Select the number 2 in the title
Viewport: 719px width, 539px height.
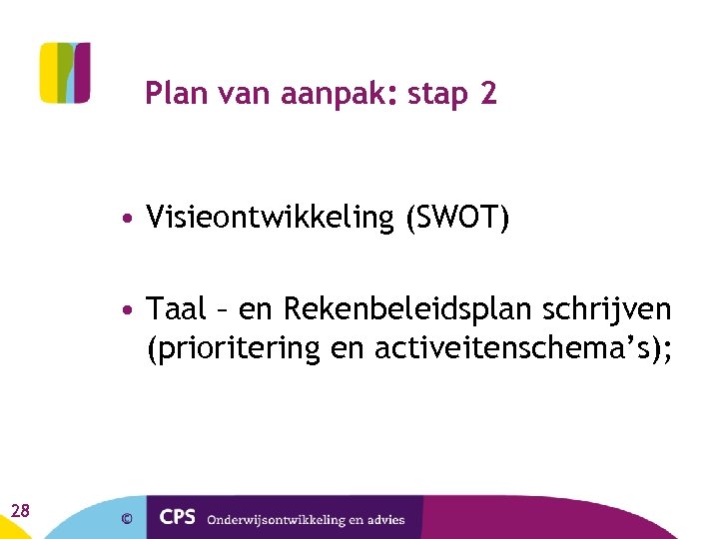tap(488, 94)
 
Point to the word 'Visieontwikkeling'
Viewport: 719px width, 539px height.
tap(271, 218)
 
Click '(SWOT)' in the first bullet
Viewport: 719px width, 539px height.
tap(457, 218)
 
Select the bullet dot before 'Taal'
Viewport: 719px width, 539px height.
tap(130, 311)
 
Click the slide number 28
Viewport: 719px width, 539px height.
tap(20, 511)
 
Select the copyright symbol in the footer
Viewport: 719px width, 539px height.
tap(127, 518)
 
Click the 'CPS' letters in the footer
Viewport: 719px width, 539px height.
tap(178, 518)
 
